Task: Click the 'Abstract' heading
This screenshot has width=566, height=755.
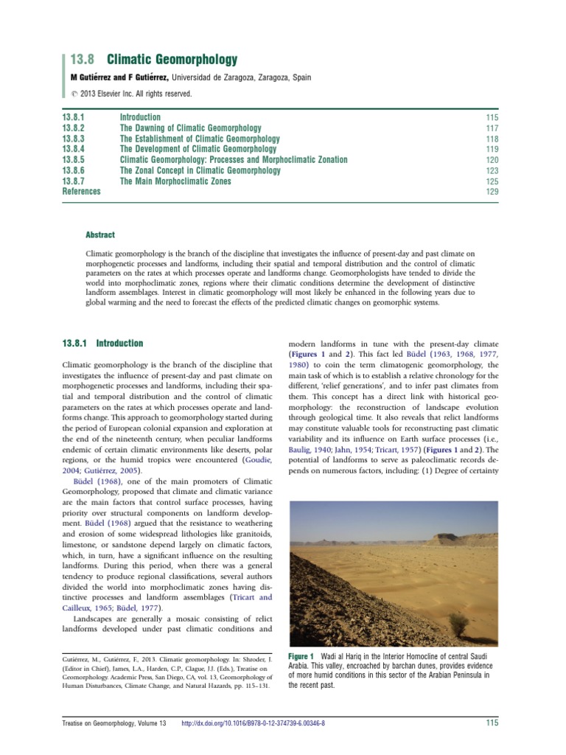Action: tap(100, 234)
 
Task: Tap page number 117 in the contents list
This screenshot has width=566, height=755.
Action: tap(492, 128)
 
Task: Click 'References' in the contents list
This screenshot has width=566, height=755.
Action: tap(81, 191)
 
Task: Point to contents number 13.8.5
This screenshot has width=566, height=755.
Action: tap(74, 159)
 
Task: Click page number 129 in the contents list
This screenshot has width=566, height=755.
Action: tap(492, 192)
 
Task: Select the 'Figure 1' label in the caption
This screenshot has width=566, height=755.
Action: tap(301, 656)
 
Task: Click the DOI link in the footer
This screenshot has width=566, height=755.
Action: tap(253, 723)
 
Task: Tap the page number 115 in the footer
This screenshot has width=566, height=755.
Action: tap(492, 723)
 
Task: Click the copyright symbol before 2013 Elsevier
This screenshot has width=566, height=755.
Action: tap(74, 94)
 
